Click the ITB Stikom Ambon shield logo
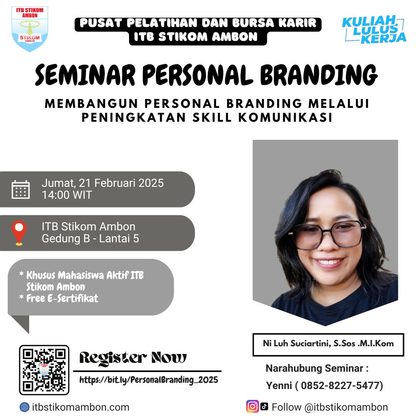tap(30, 29)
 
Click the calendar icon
tap(21, 189)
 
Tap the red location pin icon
tap(19, 233)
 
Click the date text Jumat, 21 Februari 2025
tap(102, 183)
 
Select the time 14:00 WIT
tap(67, 195)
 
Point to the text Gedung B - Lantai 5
tap(90, 239)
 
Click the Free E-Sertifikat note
tap(62, 298)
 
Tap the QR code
tap(44, 370)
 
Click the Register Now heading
tap(133, 358)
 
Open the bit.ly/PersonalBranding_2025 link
tap(149, 380)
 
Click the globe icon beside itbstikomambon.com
tap(25, 407)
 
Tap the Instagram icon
tap(252, 406)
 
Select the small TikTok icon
tap(264, 406)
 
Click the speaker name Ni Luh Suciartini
tap(296, 344)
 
